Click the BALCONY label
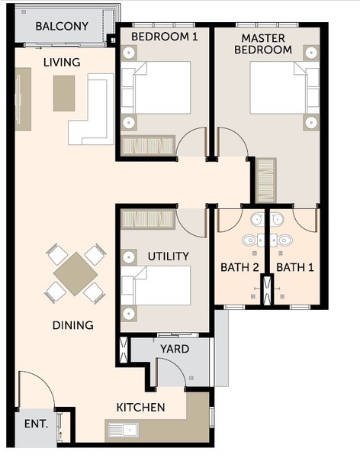(62, 26)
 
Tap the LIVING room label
(62, 63)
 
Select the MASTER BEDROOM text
(263, 44)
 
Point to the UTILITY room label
(168, 256)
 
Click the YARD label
(175, 349)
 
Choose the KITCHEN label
(141, 408)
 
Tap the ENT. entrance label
(36, 424)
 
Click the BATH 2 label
(239, 267)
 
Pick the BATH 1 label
(295, 267)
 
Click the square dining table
(76, 274)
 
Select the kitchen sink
(124, 430)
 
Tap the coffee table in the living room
(64, 93)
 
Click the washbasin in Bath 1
(277, 219)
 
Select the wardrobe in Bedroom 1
(148, 144)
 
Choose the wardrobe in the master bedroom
(266, 180)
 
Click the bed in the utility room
(156, 285)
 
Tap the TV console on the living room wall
(23, 99)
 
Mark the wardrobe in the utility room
(148, 219)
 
